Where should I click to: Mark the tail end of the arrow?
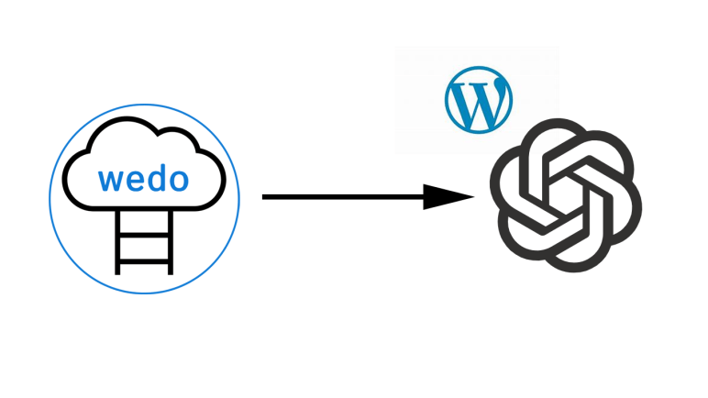click(265, 196)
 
